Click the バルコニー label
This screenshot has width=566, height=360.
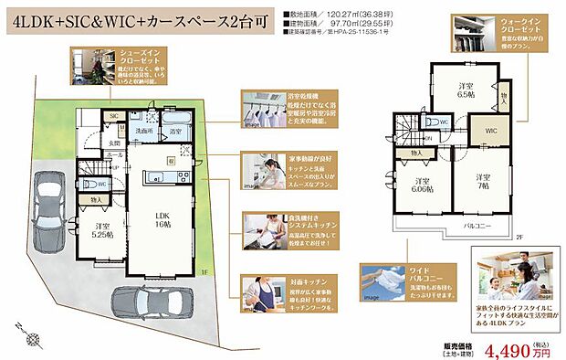point(478,223)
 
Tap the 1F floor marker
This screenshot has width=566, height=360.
point(204,271)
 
